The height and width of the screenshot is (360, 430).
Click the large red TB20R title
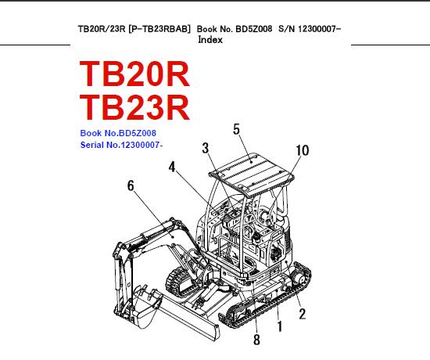point(134,74)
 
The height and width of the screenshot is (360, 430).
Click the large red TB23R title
point(134,107)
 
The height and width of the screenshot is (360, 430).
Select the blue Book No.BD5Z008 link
point(118,133)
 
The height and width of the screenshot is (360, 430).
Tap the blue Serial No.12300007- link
point(121,145)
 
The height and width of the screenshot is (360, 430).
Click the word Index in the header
point(210,40)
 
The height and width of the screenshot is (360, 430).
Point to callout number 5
point(236,129)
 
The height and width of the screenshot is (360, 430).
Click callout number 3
point(206,148)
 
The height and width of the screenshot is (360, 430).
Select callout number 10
point(303,150)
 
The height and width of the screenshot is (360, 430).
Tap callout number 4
point(172,167)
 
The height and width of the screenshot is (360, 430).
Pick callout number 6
point(131,185)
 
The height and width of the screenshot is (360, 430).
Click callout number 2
point(303,314)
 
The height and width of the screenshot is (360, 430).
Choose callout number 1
point(280,327)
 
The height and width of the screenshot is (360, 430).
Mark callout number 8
point(256,340)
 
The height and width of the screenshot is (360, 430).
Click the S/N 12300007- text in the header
point(310,29)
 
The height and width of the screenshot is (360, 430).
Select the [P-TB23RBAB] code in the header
point(159,29)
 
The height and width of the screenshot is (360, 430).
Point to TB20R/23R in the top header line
point(102,29)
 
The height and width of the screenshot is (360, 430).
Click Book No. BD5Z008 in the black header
point(235,29)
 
